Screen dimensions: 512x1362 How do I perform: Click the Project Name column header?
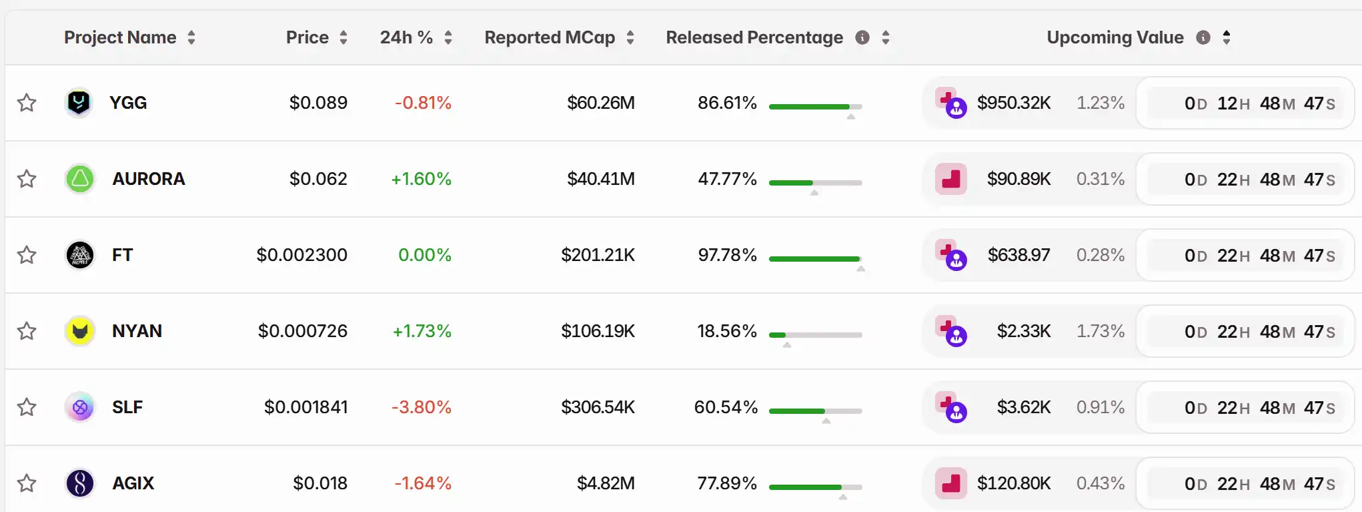tap(120, 37)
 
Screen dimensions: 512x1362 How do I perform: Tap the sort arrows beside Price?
tap(344, 37)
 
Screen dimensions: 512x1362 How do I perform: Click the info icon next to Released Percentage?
tap(862, 37)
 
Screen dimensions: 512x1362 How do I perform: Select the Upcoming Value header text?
tap(1115, 37)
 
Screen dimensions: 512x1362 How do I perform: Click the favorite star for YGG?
tap(27, 103)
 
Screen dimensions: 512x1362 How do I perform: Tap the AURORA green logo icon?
tap(80, 179)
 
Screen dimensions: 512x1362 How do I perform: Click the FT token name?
tap(123, 255)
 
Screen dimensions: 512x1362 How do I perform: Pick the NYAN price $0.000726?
tap(303, 331)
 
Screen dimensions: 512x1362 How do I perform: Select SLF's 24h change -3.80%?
tap(422, 407)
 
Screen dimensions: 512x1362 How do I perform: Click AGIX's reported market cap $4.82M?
tap(606, 483)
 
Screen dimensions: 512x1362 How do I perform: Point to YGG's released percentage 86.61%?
tap(727, 103)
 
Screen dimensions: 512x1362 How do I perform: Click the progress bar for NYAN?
tap(815, 335)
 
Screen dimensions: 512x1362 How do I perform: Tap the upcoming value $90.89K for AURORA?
tap(1018, 179)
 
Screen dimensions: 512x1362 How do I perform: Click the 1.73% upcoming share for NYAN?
tap(1101, 331)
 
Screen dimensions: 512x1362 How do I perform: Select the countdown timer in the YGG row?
tap(1245, 103)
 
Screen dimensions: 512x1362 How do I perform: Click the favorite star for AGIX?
tap(27, 483)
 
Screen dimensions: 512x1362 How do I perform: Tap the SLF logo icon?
tap(80, 407)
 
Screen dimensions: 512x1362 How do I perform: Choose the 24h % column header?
tap(406, 37)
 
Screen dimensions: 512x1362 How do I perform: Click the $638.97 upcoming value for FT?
tap(1018, 255)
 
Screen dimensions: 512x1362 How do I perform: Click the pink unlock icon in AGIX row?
tap(951, 483)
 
